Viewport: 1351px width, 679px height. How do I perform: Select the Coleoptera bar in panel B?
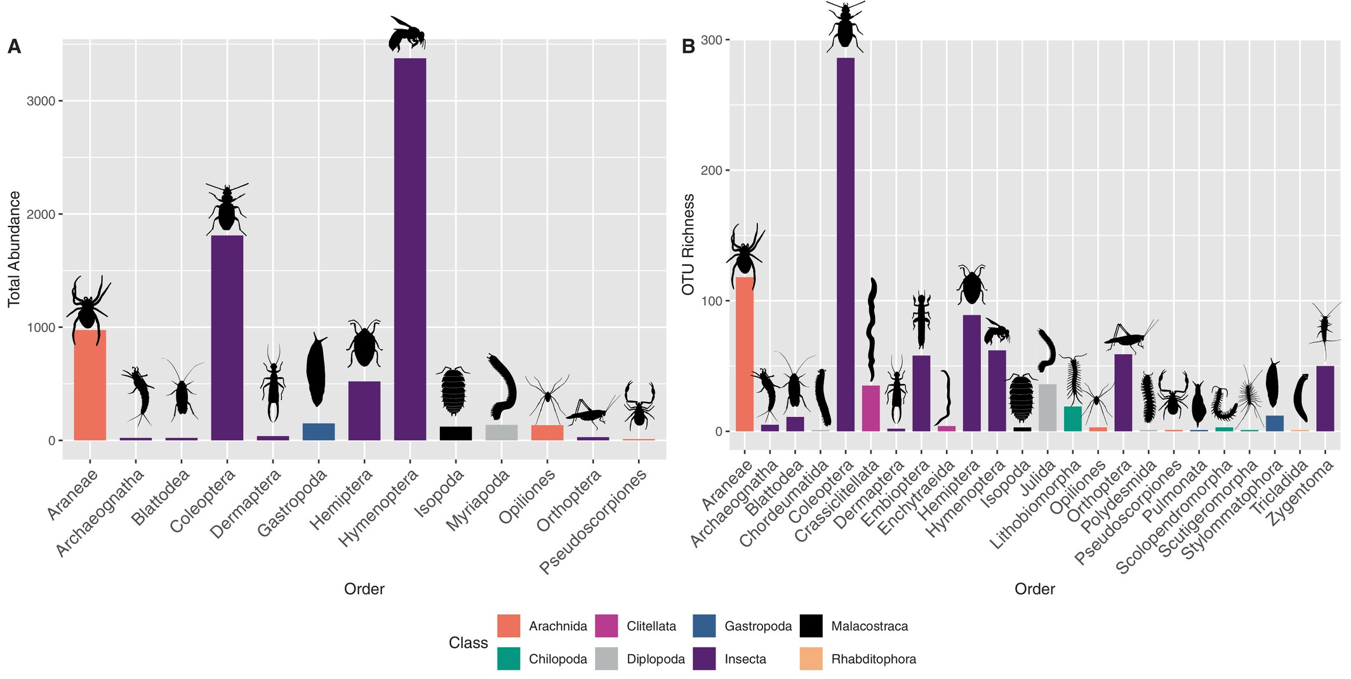pos(846,244)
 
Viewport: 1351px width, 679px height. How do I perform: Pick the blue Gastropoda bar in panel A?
pos(319,432)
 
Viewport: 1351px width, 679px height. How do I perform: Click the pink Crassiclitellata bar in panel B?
pos(871,408)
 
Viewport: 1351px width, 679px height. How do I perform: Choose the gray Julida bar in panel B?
pos(1048,407)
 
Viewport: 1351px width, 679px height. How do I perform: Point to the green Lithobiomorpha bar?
pos(1073,419)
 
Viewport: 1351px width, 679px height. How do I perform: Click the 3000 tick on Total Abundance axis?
pos(41,101)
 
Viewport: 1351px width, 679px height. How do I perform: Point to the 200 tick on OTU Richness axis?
pos(710,170)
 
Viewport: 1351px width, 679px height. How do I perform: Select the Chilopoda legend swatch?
pos(509,659)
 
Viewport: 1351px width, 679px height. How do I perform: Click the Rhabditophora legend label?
pos(874,659)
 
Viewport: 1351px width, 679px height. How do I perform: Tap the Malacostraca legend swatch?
pos(811,626)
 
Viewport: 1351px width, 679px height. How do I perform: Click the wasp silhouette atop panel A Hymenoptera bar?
pos(406,35)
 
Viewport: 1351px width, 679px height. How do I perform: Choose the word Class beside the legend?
pos(468,643)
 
